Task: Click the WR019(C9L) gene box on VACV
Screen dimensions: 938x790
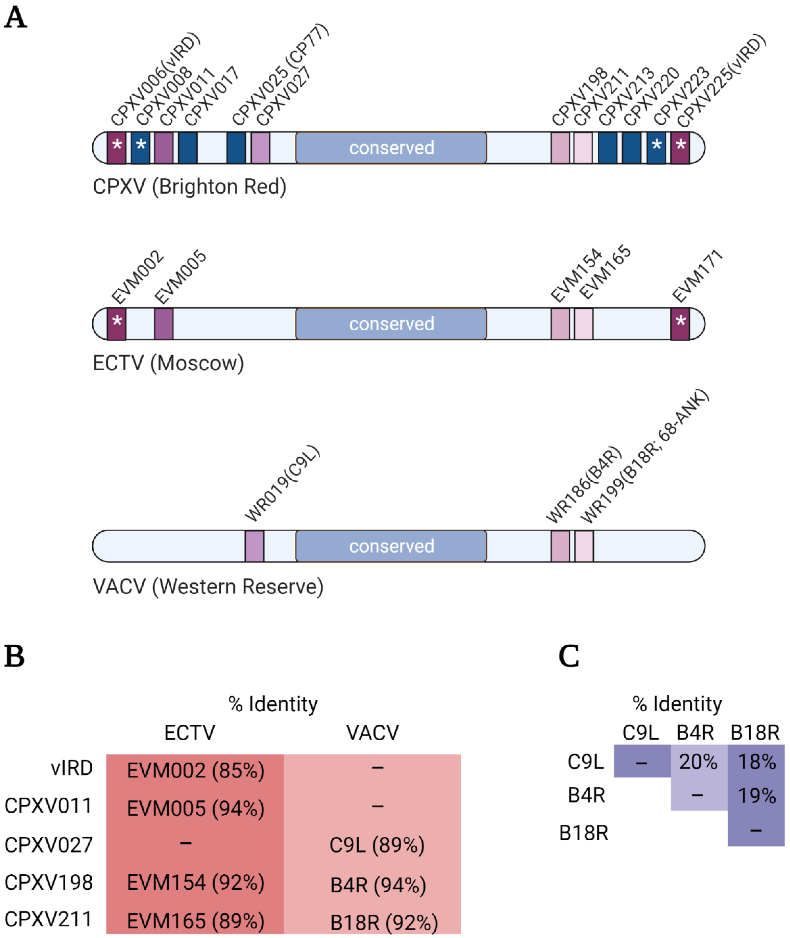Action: click(x=254, y=546)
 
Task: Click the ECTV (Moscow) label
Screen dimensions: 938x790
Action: click(x=168, y=363)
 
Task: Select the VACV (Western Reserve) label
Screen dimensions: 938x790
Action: click(x=208, y=586)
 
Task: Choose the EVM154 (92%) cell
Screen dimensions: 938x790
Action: click(x=195, y=883)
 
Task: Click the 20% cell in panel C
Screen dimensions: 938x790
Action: click(x=698, y=762)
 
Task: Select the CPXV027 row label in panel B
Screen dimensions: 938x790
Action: click(x=48, y=845)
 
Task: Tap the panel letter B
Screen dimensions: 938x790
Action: click(x=14, y=657)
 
